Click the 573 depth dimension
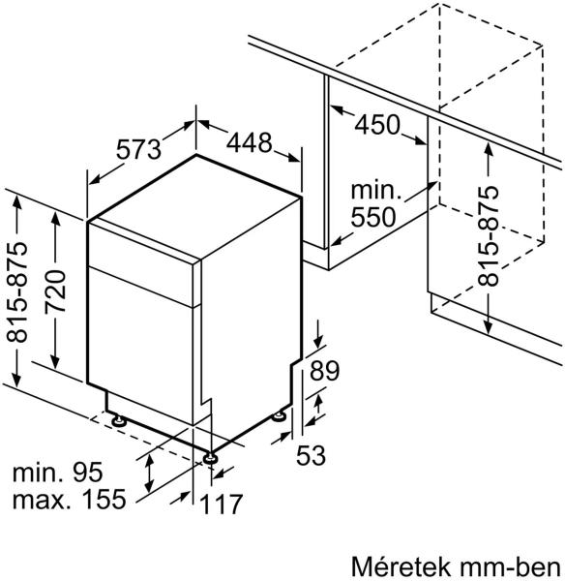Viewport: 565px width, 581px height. coord(138,149)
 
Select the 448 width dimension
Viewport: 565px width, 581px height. coord(250,142)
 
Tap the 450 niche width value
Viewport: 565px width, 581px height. coord(377,125)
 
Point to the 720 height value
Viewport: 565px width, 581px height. coord(55,291)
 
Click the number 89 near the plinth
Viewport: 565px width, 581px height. coord(324,371)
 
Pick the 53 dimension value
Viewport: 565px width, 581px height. coord(311,455)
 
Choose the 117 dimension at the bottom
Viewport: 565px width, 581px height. coord(221,505)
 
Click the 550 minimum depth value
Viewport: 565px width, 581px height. coord(372,217)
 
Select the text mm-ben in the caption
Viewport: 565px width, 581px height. coord(512,567)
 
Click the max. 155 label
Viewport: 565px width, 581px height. coord(70,499)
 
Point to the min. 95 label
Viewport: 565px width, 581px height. coord(57,473)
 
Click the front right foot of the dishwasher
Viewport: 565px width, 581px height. coord(210,458)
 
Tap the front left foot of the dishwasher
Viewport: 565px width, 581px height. coord(119,420)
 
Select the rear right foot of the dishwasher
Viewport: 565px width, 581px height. coord(279,415)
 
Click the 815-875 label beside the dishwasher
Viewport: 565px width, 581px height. coord(17,292)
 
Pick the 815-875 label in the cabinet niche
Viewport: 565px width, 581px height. coord(488,236)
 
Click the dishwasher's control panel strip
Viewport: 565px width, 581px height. coord(140,263)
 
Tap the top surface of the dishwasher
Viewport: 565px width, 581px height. coord(194,206)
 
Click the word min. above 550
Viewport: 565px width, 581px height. coord(376,191)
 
